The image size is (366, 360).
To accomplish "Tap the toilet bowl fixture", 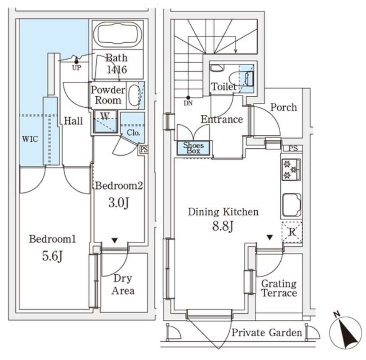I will [x=235, y=79].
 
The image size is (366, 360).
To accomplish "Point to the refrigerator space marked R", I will [x=292, y=232].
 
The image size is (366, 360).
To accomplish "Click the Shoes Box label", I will [x=193, y=148].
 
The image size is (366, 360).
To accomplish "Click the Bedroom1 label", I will [x=52, y=239].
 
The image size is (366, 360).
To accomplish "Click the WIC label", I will [x=30, y=139].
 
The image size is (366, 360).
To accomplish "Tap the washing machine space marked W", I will [x=104, y=115].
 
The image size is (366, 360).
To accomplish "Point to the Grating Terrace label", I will [x=279, y=288].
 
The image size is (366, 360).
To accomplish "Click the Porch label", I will [x=283, y=107].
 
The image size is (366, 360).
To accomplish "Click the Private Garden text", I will [x=267, y=332].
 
